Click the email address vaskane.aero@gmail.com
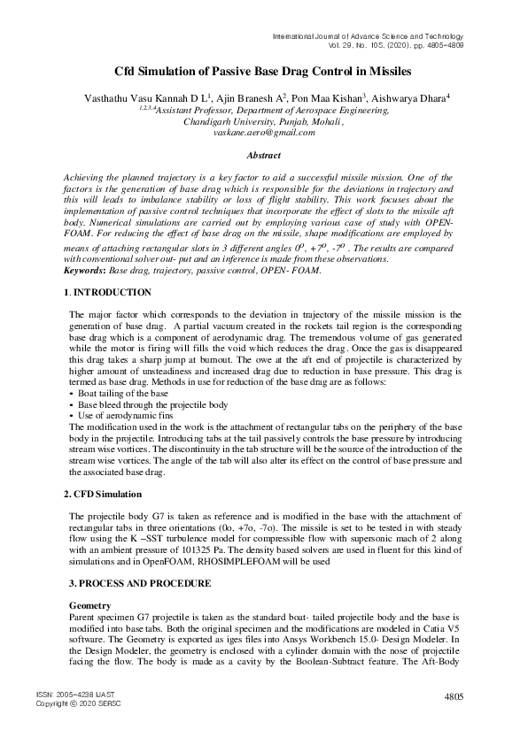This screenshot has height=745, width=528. coord(264,133)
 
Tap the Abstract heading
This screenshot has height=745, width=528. coord(263,155)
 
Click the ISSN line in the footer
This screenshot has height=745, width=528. coord(77,695)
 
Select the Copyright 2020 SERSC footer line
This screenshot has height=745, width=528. coord(78,703)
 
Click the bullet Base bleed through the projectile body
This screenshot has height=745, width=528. coord(150,403)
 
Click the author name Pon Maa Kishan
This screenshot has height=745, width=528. coord(330,97)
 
